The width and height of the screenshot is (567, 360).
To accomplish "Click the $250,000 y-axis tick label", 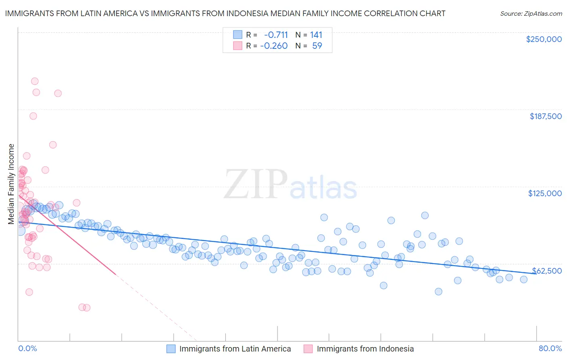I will pyautogui.click(x=544, y=39).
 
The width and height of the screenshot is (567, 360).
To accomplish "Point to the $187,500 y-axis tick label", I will pyautogui.click(x=545, y=116).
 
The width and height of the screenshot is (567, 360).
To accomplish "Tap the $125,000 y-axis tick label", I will pyautogui.click(x=545, y=193).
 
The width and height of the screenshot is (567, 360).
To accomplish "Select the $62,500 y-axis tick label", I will pyautogui.click(x=547, y=270).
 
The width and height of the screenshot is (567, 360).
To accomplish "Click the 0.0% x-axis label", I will pyautogui.click(x=28, y=348).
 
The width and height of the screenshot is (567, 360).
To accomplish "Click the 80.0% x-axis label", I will pyautogui.click(x=550, y=348).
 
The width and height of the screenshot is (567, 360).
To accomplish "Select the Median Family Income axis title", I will pyautogui.click(x=11, y=184).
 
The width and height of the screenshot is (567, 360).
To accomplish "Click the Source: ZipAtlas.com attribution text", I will pyautogui.click(x=531, y=13).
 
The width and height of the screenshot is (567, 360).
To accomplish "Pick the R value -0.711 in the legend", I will pyautogui.click(x=276, y=35).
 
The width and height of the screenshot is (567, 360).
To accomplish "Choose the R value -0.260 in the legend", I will pyautogui.click(x=274, y=46).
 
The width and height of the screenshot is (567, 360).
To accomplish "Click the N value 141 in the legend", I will pyautogui.click(x=316, y=35).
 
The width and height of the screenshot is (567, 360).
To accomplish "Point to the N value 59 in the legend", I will pyautogui.click(x=317, y=46).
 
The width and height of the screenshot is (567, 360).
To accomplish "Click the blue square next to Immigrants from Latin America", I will pyautogui.click(x=171, y=349).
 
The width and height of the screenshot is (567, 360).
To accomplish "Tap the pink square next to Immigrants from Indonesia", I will pyautogui.click(x=309, y=349).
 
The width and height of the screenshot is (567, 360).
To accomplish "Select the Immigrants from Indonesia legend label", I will pyautogui.click(x=365, y=349).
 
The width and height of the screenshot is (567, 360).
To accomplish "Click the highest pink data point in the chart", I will pyautogui.click(x=35, y=81).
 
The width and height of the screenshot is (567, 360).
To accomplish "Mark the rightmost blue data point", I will pyautogui.click(x=523, y=279).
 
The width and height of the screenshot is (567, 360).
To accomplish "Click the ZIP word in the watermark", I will pyautogui.click(x=255, y=184).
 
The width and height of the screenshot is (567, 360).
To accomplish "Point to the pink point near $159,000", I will pyautogui.click(x=53, y=145).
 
